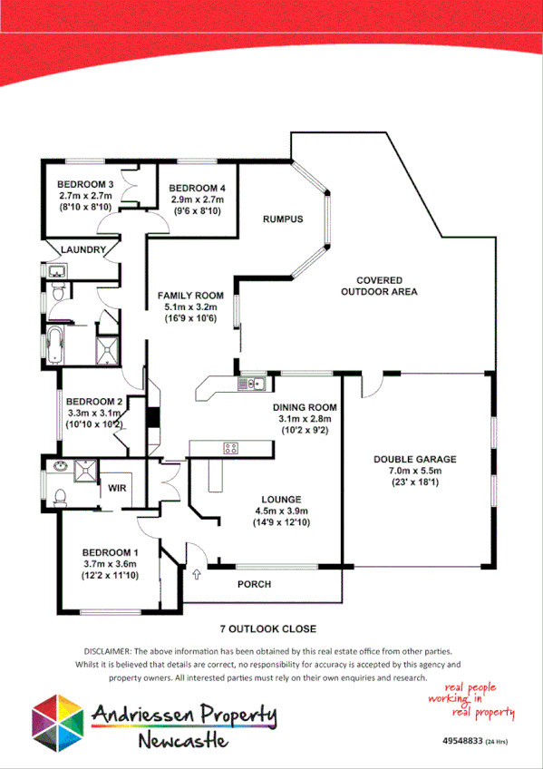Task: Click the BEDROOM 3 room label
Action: click(85, 184)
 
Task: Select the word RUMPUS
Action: click(282, 219)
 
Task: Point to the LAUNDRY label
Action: click(82, 249)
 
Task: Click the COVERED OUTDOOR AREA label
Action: click(379, 286)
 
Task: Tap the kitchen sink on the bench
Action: click(249, 384)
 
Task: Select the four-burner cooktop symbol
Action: click(231, 447)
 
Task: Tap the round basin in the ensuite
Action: click(61, 467)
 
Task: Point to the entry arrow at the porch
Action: click(198, 574)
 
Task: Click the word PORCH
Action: click(255, 584)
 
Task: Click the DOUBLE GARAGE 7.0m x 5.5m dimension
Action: click(414, 472)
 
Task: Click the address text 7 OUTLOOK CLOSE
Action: click(267, 628)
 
